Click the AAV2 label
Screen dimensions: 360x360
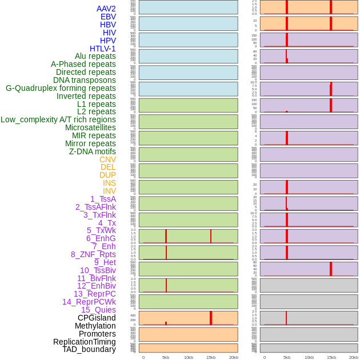(x=106, y=9)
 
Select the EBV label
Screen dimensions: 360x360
(x=108, y=17)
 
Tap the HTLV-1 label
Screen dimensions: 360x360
(x=103, y=49)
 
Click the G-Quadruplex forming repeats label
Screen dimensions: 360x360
(x=61, y=88)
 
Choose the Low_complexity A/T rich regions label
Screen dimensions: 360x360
(x=58, y=119)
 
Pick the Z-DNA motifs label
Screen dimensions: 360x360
(x=93, y=151)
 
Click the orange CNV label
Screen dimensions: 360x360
(x=107, y=159)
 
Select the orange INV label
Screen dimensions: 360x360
(x=109, y=191)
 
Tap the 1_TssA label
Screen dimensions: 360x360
(x=103, y=199)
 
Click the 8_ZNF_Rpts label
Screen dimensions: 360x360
(x=93, y=254)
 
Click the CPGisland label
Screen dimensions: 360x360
(x=97, y=318)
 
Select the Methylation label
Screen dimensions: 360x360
(x=95, y=326)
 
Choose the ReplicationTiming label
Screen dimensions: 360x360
(x=85, y=342)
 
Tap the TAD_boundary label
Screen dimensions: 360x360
(x=89, y=349)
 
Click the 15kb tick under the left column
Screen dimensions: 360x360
(x=211, y=357)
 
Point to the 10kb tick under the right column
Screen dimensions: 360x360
(x=309, y=357)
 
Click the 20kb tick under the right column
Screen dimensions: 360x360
(x=354, y=357)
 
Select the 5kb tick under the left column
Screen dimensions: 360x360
(x=166, y=357)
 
